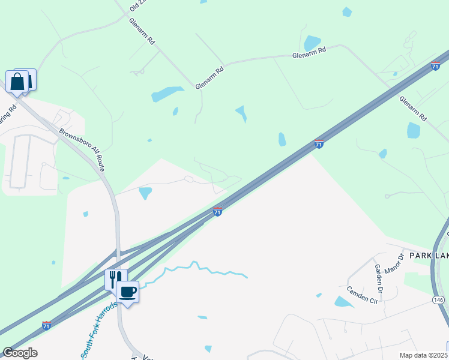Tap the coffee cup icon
(127, 292)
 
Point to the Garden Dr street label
(379, 274)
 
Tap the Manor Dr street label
(394, 264)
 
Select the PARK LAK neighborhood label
(429, 256)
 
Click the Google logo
(19, 353)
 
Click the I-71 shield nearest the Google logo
(46, 325)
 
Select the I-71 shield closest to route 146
(435, 67)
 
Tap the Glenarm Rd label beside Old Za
(142, 31)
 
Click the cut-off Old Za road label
(137, 6)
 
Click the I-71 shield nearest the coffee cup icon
(218, 212)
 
